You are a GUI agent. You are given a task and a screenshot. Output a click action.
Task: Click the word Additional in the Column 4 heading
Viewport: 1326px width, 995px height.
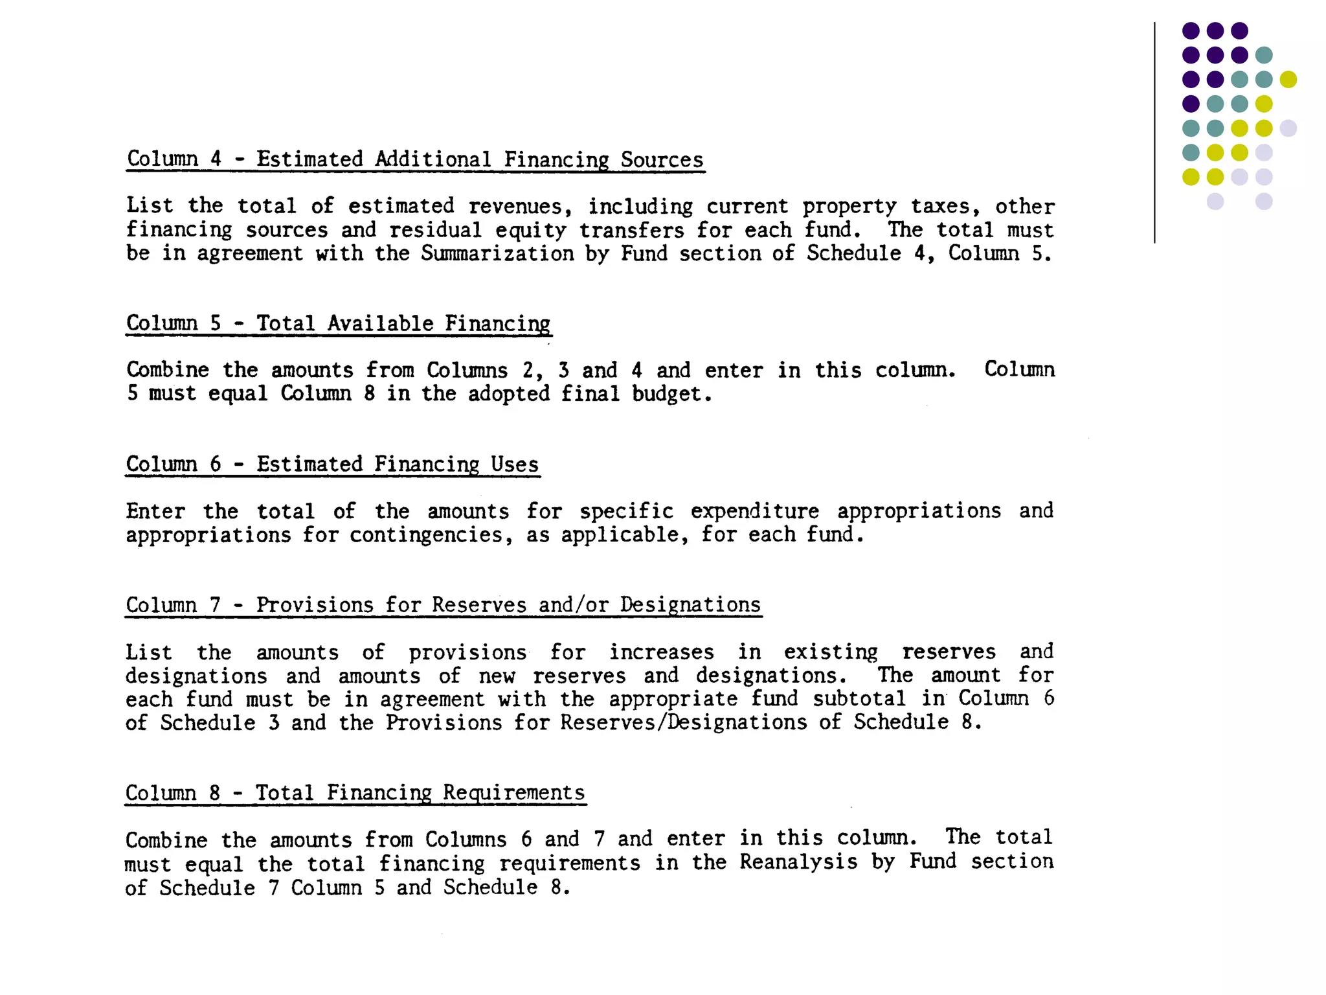click(x=433, y=159)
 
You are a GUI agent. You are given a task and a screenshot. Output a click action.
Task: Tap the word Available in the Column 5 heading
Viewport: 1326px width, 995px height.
click(x=380, y=323)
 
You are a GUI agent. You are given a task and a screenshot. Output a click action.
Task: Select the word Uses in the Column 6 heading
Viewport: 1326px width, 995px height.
click(x=514, y=464)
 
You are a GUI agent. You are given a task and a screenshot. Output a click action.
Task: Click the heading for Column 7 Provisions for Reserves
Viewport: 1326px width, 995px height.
click(x=443, y=604)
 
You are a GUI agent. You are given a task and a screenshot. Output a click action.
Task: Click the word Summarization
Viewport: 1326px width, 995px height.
click(x=497, y=253)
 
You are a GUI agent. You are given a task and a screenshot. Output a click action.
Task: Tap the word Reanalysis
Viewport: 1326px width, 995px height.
click(x=798, y=862)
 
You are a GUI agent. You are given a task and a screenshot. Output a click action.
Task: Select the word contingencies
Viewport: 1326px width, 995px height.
click(x=431, y=535)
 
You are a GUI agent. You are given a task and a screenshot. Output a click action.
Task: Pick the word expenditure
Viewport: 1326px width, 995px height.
click(x=754, y=511)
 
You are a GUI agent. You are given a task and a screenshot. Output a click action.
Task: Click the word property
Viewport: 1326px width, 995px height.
click(x=849, y=207)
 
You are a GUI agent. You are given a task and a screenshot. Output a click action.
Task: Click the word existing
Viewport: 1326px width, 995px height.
click(x=831, y=652)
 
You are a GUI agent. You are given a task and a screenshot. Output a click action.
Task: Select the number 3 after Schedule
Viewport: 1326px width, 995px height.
click(x=274, y=723)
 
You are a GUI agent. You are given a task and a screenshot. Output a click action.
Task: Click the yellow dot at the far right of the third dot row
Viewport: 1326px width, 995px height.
click(x=1288, y=80)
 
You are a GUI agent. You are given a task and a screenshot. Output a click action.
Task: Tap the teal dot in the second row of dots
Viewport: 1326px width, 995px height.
click(x=1264, y=55)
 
